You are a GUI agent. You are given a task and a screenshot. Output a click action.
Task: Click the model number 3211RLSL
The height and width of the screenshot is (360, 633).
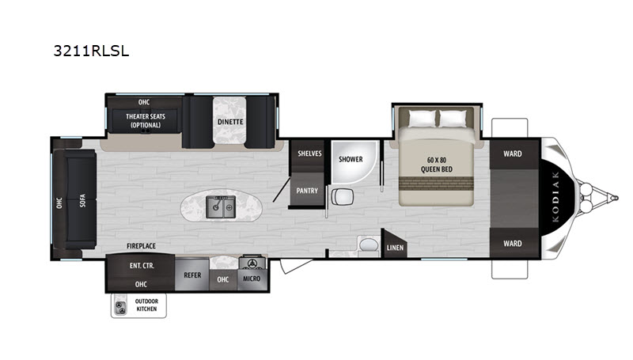pyautogui.click(x=91, y=51)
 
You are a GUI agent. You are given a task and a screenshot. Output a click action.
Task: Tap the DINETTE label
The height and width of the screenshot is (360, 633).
pyautogui.click(x=230, y=122)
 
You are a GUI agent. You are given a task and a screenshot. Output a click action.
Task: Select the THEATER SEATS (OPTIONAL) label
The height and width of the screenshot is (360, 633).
pyautogui.click(x=146, y=121)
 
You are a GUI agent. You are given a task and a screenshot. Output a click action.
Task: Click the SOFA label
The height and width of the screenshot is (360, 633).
pyautogui.click(x=83, y=201)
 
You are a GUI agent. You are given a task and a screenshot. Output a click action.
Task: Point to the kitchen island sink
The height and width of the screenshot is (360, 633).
pyautogui.click(x=221, y=207)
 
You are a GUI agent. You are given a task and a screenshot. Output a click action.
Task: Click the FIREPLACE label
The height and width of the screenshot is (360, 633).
pyautogui.click(x=141, y=246)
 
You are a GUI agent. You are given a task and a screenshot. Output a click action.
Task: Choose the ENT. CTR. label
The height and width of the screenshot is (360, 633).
pyautogui.click(x=142, y=266)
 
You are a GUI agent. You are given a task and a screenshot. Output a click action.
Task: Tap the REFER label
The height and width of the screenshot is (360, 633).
pyautogui.click(x=192, y=275)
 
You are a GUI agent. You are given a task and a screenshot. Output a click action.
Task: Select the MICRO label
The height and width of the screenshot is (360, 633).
pyautogui.click(x=252, y=279)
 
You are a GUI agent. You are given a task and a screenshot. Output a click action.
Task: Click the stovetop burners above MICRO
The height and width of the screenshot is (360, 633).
pyautogui.click(x=252, y=263)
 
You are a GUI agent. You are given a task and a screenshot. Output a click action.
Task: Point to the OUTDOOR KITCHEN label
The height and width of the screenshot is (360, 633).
pyautogui.click(x=146, y=305)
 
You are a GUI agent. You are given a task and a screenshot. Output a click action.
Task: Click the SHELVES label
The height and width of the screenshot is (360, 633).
pyautogui.click(x=309, y=153)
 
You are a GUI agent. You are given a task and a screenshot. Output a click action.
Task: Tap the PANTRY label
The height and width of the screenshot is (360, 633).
pyautogui.click(x=307, y=191)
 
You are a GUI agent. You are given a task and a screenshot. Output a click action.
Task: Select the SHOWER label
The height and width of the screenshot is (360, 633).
pyautogui.click(x=351, y=159)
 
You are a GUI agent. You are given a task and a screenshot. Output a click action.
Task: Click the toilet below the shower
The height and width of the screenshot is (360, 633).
pyautogui.click(x=343, y=197)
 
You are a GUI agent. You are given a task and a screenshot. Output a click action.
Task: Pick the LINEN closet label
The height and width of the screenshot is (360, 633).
pyautogui.click(x=395, y=248)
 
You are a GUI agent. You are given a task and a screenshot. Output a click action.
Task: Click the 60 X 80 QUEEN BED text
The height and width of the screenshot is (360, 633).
pyautogui.click(x=437, y=165)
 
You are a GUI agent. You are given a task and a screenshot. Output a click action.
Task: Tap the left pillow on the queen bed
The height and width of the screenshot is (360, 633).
pyautogui.click(x=423, y=119)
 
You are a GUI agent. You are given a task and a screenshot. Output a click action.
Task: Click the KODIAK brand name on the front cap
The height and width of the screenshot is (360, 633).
pyautogui.click(x=556, y=196)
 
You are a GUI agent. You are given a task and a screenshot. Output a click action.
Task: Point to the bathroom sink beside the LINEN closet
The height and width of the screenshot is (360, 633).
pyautogui.click(x=368, y=245)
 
